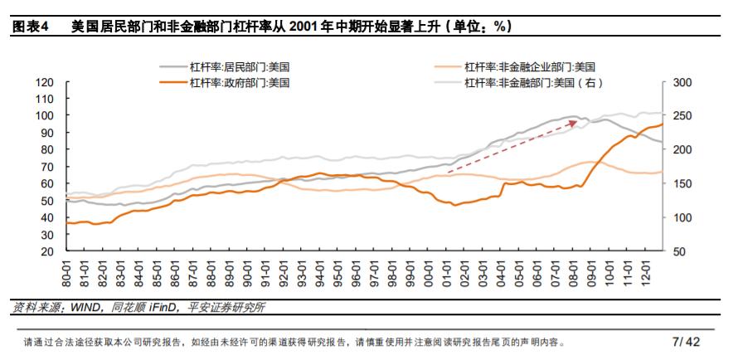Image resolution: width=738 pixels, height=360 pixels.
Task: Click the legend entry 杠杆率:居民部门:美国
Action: tap(240, 66)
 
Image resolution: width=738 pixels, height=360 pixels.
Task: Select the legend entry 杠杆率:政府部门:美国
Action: tap(240, 82)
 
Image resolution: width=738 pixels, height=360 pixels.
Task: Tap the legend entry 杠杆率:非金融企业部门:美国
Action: tap(528, 66)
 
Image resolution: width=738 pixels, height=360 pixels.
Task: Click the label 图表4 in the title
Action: tap(30, 26)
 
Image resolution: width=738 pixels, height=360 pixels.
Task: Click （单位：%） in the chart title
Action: tap(478, 26)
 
